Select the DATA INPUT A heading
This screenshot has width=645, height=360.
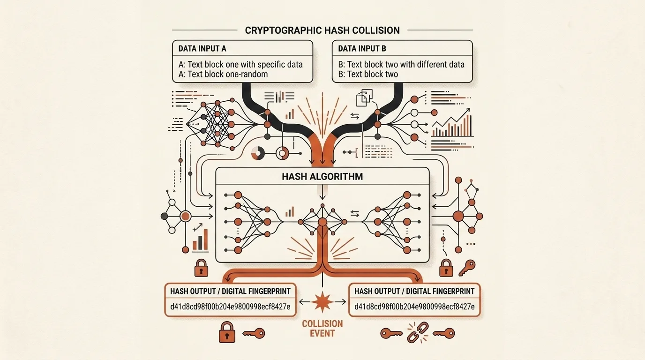[x=202, y=49]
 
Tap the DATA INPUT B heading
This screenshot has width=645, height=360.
[x=362, y=49]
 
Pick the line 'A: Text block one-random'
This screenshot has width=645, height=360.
[x=223, y=75]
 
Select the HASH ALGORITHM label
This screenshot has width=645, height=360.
[x=322, y=177]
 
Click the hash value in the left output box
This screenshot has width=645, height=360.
[x=230, y=307]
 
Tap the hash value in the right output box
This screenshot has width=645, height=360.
[x=414, y=307]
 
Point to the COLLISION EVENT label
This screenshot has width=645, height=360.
[x=322, y=329]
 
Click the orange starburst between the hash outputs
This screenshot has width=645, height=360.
[x=322, y=302]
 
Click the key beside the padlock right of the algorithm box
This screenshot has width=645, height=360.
[x=466, y=268]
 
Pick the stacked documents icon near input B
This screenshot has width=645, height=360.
[x=364, y=98]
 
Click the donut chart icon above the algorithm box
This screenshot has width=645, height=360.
[x=258, y=153]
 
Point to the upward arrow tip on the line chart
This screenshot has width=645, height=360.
[x=470, y=109]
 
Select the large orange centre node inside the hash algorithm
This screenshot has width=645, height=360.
[x=322, y=222]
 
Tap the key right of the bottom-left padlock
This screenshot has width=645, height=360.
[x=254, y=333]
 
